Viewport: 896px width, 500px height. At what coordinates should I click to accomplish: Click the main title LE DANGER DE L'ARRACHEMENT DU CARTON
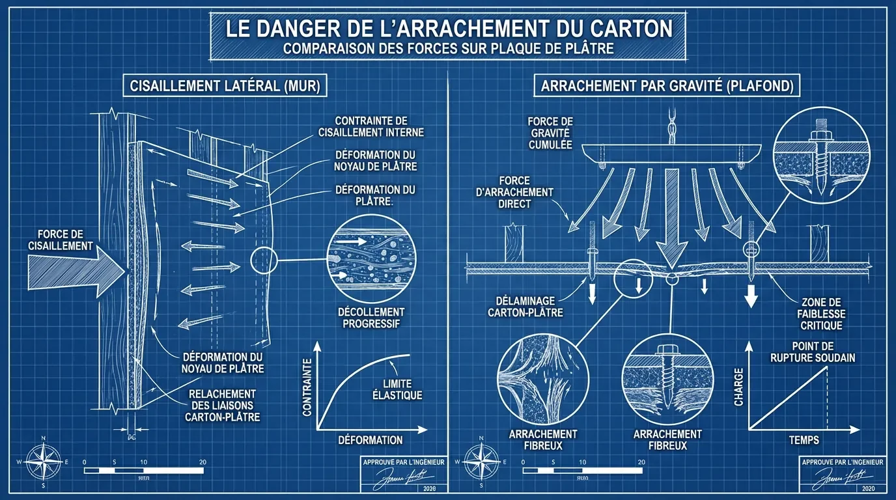click(x=448, y=30)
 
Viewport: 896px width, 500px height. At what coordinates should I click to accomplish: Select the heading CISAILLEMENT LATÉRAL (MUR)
click(x=225, y=87)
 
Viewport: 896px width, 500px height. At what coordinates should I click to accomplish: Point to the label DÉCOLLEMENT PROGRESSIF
click(x=371, y=318)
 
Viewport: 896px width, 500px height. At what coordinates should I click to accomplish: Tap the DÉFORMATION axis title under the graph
click(x=370, y=439)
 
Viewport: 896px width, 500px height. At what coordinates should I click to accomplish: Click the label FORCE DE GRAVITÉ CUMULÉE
click(x=550, y=132)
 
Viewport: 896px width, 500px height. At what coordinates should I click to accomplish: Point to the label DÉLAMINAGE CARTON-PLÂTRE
click(x=525, y=306)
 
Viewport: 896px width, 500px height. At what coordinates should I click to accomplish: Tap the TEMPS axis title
click(x=804, y=440)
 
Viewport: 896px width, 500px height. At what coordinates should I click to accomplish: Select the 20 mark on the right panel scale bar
click(x=641, y=462)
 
